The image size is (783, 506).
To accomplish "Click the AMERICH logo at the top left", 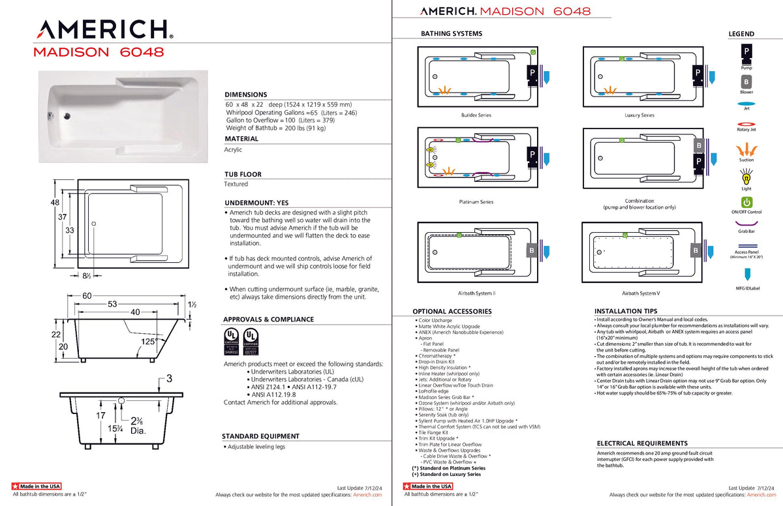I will pos(103,29).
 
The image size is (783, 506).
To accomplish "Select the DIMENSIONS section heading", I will pos(245,95).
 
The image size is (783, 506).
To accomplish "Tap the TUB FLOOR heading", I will pos(243,175).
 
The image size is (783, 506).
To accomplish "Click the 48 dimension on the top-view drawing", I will pos(55,203).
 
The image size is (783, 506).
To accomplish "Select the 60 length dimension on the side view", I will pos(87,296).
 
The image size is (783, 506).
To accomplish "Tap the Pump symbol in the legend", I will pos(746,52).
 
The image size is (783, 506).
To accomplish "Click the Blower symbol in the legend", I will pos(746,82).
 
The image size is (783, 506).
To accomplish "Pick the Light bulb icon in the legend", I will pos(746,175).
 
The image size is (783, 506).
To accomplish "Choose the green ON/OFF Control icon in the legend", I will pos(746,202).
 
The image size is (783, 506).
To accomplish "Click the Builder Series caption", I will pos(476,115).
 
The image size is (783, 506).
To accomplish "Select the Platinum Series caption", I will pos(476,202).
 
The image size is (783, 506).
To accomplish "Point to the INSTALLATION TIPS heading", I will pos(626,312).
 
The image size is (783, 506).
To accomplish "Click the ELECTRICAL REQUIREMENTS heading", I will pos(642,443).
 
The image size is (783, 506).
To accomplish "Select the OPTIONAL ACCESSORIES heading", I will pos(452,312).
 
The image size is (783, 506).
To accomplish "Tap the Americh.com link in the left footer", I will pos(367,495).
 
